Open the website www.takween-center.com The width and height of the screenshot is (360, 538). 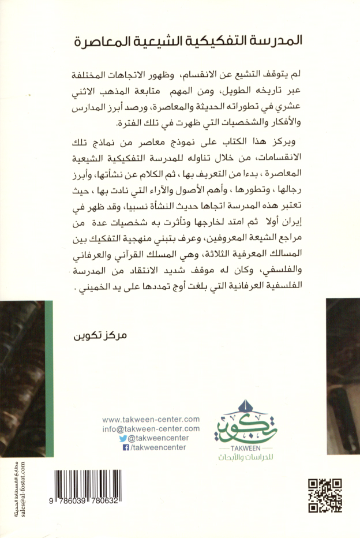[x=151, y=420]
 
